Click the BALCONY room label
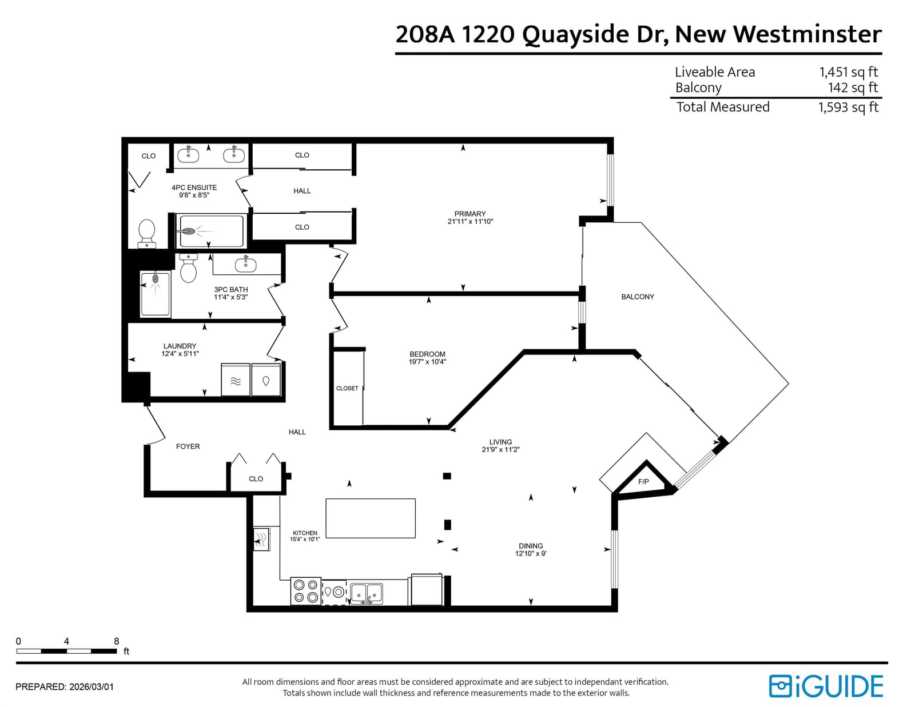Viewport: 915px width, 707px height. (638, 297)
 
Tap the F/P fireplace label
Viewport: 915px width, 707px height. (643, 481)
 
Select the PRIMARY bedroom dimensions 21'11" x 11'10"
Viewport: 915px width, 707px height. (470, 221)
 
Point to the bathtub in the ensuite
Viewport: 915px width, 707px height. (210, 231)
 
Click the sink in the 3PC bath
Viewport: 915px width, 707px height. (245, 264)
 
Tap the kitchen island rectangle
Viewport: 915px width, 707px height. (371, 518)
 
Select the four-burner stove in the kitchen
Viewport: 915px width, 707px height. (306, 591)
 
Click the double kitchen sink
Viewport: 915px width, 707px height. (367, 593)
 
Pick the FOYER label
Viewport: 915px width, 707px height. (188, 446)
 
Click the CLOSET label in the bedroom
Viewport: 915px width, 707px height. (347, 389)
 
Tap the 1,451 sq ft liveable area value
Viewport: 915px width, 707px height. (849, 73)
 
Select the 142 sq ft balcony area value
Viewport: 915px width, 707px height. (853, 87)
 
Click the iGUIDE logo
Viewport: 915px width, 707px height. (826, 686)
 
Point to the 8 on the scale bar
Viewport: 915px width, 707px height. (117, 641)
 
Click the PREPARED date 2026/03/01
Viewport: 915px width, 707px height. (91, 687)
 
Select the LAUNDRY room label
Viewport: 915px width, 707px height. (180, 346)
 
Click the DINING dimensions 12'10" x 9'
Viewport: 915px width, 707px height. (531, 553)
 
